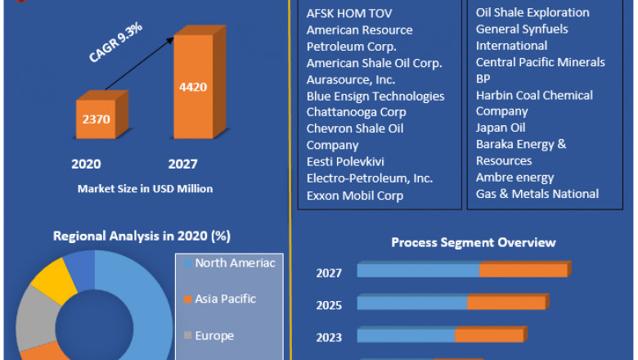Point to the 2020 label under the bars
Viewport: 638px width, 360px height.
pos(87,164)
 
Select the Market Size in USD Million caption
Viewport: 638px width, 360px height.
pos(145,189)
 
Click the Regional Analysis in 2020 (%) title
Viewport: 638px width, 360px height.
pos(142,236)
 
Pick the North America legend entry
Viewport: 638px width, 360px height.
pos(228,263)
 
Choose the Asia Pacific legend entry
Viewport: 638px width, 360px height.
pos(225,299)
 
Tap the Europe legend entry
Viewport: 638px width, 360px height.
pos(214,335)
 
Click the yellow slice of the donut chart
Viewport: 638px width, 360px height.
pos(51,279)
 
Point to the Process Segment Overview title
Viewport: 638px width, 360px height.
pos(473,242)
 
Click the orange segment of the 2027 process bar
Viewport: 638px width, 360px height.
pos(523,270)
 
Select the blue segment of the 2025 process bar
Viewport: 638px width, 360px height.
pos(412,303)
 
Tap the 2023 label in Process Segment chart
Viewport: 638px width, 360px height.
pos(329,337)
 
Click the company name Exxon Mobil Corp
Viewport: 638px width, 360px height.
pos(355,195)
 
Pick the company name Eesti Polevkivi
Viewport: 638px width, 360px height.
pos(345,161)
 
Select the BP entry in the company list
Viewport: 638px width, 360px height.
pos(483,79)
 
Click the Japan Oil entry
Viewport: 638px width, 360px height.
pos(501,128)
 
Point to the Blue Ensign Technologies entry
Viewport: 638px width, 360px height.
pos(375,96)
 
